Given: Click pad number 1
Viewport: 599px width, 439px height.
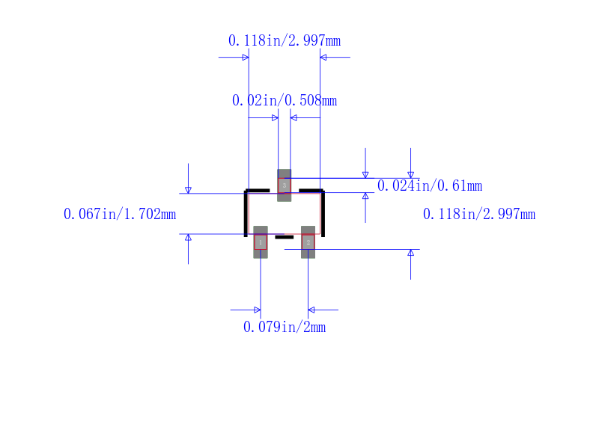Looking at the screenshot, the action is tap(261, 242).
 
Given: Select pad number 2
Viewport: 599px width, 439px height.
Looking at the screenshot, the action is tap(308, 242).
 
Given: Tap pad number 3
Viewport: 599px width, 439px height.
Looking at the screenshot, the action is tap(285, 185).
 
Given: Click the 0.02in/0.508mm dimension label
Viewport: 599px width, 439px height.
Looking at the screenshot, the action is tap(285, 101).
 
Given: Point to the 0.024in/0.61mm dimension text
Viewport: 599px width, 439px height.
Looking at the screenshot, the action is tap(430, 185).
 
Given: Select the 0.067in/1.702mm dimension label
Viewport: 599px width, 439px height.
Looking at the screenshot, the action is tap(120, 214).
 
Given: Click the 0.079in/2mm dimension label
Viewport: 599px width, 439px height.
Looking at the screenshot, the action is tap(285, 327).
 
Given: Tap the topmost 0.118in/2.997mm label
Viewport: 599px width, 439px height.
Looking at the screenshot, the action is tap(285, 40).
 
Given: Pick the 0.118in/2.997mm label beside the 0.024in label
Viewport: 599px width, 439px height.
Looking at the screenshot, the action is tap(479, 214).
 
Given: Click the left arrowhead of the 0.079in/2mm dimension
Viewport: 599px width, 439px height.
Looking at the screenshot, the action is tap(258, 310).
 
